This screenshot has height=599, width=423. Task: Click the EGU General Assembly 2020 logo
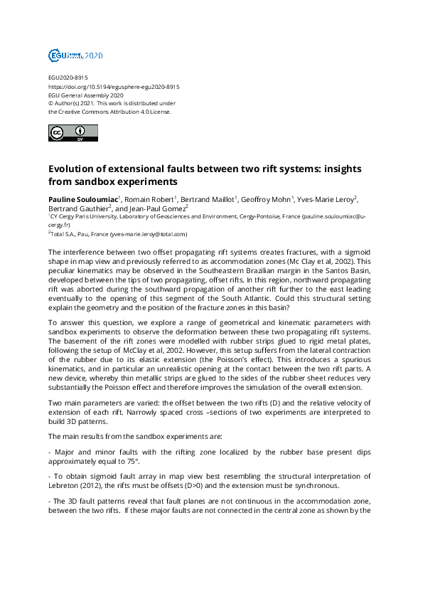click(75, 55)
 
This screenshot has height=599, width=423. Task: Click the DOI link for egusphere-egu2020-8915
click(114, 86)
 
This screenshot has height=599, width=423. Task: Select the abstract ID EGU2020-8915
click(68, 78)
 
